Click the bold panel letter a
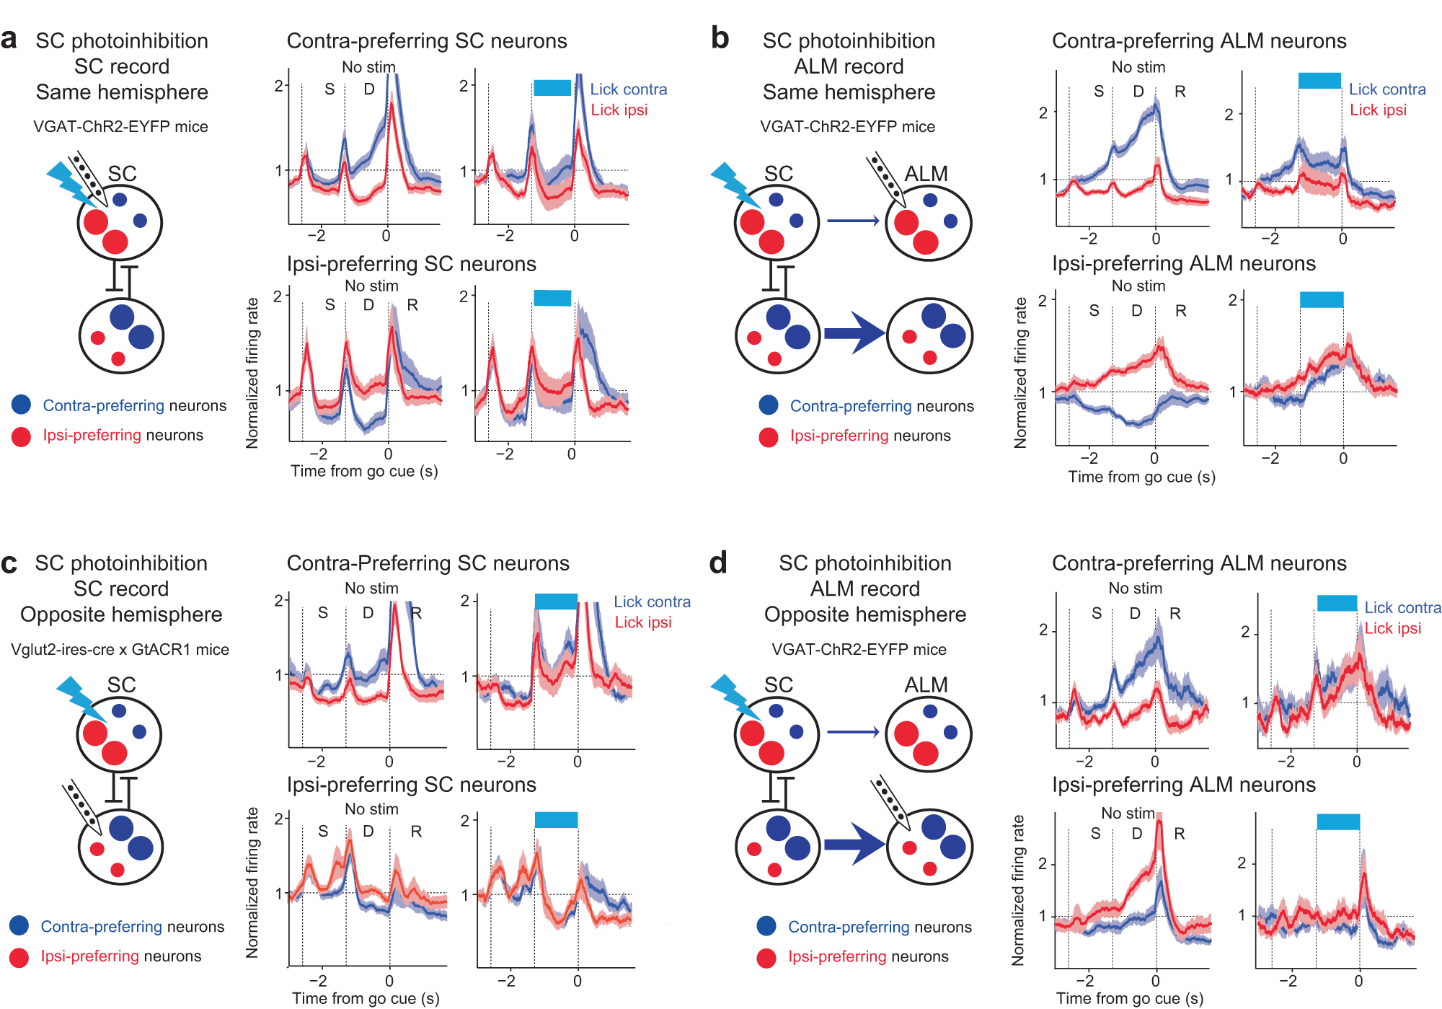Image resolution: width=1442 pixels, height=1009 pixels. pos(9,40)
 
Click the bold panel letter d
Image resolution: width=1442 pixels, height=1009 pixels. pos(718,563)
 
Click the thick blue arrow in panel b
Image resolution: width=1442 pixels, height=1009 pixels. pos(854,333)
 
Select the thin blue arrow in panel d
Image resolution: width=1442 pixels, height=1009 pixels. pos(853,732)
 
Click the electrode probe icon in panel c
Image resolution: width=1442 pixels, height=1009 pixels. pos(80,804)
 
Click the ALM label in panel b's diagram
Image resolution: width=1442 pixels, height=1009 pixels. pos(926,174)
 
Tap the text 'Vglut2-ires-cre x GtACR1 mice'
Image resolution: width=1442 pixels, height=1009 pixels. pos(120,649)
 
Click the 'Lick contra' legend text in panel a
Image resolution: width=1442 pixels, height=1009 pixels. pos(628,89)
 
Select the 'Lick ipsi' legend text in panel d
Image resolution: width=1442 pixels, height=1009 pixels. pos(1392,628)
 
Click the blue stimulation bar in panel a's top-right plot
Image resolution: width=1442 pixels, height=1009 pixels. pos(552,88)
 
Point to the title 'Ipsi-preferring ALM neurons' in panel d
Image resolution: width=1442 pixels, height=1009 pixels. pos(1183,785)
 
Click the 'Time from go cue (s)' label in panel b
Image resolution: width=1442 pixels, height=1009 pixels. pos(1141,477)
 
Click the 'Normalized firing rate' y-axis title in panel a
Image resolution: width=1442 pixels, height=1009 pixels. pos(252,373)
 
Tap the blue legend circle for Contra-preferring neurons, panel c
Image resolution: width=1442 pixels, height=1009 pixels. pos(19,926)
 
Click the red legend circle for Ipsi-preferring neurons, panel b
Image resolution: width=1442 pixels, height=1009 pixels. pos(769,436)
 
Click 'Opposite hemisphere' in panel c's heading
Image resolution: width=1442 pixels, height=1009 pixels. pos(121,614)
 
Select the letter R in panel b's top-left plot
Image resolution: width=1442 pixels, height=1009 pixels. pos(1180,92)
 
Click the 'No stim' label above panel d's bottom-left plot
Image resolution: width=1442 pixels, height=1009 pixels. pos(1128,813)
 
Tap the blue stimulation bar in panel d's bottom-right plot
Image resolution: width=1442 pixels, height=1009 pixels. pos(1338,821)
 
